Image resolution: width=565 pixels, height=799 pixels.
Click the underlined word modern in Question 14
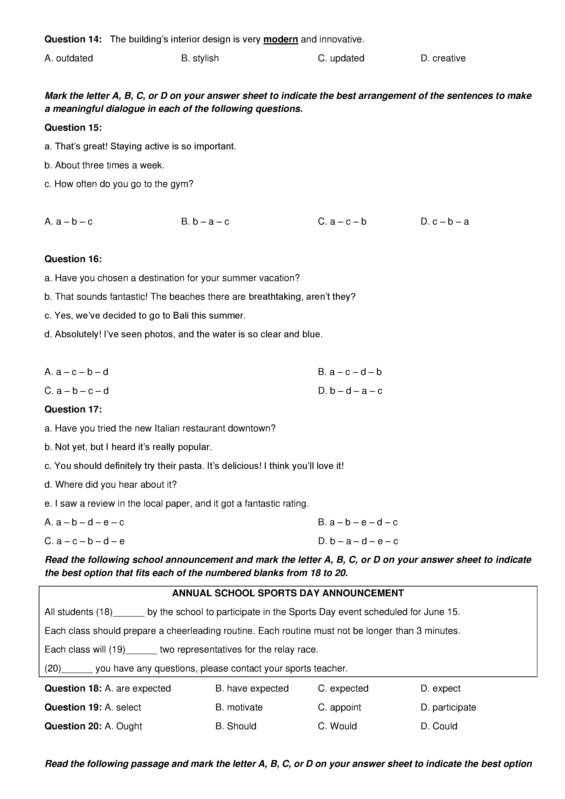point(280,40)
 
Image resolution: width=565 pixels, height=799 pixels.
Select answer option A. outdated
point(69,58)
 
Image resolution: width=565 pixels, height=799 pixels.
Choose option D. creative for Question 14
point(443,58)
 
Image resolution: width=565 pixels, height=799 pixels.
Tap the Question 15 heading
point(73,128)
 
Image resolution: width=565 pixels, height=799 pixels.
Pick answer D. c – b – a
point(445,222)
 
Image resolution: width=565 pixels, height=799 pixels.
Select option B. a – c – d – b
point(350,372)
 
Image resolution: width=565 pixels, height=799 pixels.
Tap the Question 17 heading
point(73,409)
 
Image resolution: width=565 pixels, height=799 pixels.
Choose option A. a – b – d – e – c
point(84,522)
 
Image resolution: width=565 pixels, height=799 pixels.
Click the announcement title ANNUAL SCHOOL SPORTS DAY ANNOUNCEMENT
point(288,593)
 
